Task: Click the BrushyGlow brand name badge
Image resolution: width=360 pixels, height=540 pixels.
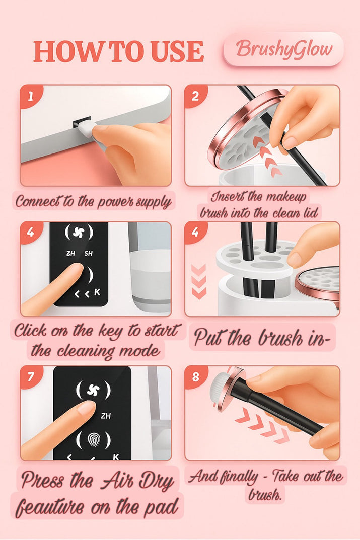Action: (283, 49)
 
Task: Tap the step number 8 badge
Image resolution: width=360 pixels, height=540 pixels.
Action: (195, 376)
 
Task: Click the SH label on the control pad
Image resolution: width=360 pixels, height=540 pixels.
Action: (89, 254)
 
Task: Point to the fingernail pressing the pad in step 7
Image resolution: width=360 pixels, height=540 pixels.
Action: (86, 408)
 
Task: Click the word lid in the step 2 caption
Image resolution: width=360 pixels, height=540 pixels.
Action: (309, 213)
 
